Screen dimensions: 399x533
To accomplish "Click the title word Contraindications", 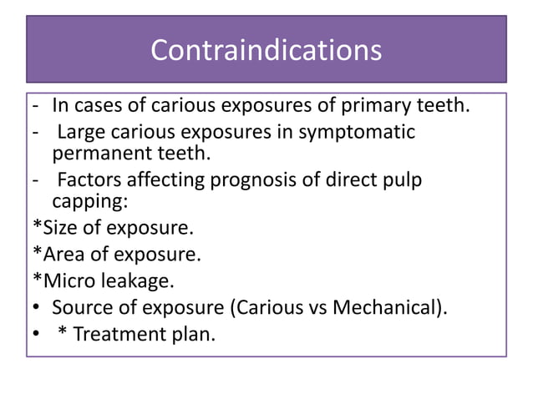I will coord(266,50).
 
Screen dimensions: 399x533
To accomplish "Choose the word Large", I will coord(80,132).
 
